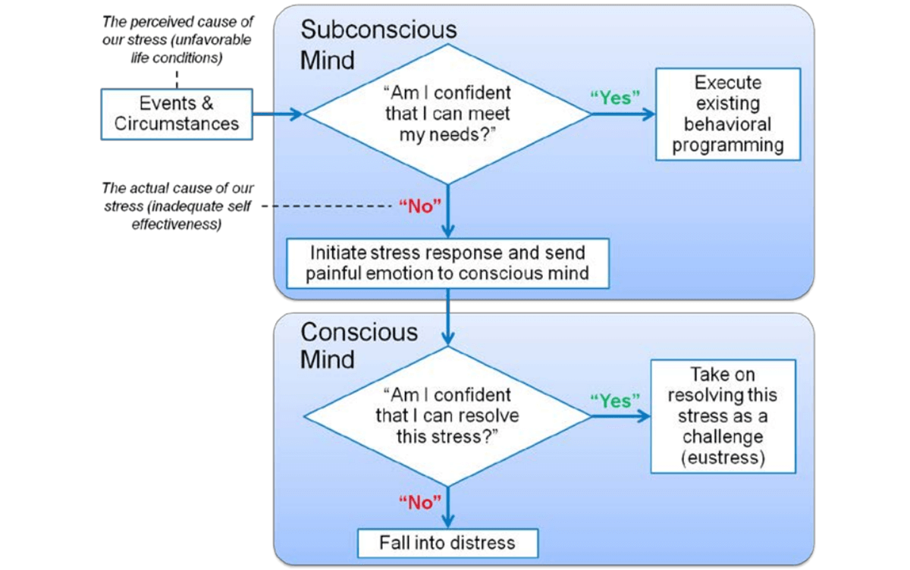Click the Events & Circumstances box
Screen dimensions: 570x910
tap(177, 114)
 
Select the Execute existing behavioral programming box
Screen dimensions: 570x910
tap(728, 114)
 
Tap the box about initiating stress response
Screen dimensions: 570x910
tap(447, 262)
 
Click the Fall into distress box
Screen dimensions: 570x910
tap(447, 543)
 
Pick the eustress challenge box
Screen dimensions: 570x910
tap(723, 416)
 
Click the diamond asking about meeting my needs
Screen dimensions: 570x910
tap(447, 114)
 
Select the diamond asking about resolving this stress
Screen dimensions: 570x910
tap(447, 415)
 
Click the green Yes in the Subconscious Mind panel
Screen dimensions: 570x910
tap(614, 99)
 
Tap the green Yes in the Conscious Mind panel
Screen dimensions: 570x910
tap(614, 400)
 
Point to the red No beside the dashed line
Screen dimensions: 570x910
tap(420, 207)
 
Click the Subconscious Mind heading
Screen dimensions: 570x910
tap(378, 44)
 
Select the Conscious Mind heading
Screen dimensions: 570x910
tap(359, 345)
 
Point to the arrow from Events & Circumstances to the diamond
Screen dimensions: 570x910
tap(278, 114)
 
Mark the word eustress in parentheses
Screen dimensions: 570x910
tap(723, 458)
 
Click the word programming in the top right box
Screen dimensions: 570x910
tap(728, 145)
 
